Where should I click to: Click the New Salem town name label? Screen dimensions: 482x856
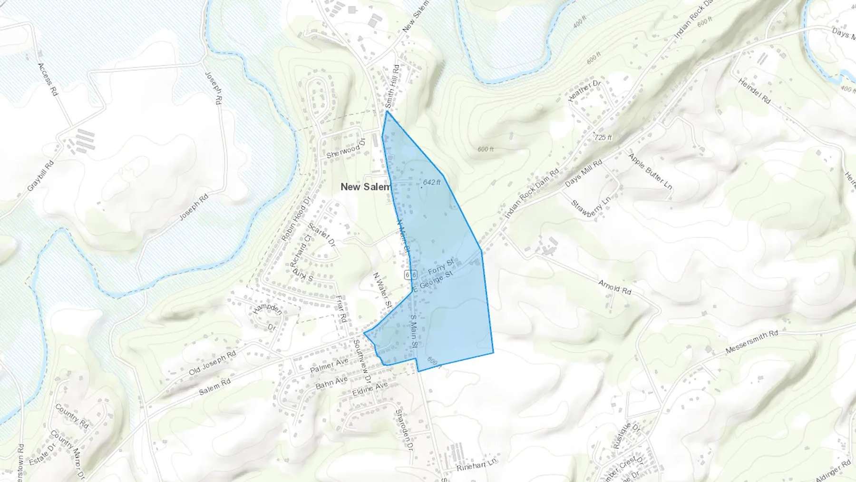365,187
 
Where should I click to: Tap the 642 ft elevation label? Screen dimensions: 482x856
431,182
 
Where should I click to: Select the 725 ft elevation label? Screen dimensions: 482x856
603,138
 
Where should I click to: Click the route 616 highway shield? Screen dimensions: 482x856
411,275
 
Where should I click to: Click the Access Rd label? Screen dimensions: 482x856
48,79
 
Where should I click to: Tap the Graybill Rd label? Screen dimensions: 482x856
40,176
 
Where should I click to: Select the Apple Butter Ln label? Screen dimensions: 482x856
650,171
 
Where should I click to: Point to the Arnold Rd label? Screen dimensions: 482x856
614,287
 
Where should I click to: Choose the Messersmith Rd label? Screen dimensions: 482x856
752,343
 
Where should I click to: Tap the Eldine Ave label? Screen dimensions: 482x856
370,389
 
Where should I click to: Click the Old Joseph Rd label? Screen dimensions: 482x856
212,363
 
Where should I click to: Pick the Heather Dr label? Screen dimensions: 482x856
584,90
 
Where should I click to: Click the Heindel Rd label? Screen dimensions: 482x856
754,91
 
